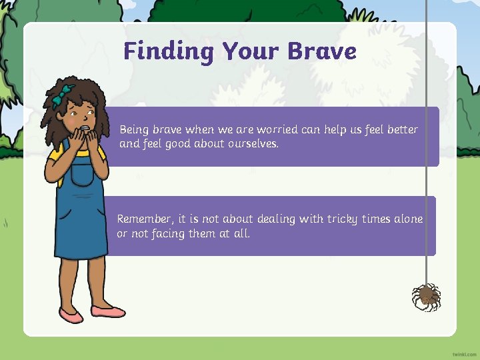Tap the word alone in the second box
[407, 219]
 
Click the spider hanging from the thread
[426, 296]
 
